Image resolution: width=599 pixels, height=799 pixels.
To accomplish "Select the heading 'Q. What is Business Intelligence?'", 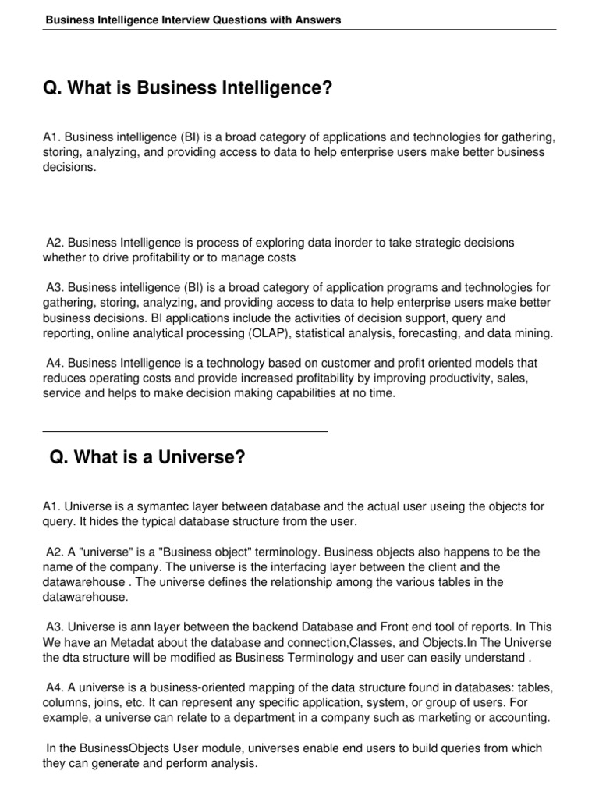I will click(x=188, y=90).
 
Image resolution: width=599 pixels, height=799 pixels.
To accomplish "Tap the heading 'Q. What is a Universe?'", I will click(x=147, y=457).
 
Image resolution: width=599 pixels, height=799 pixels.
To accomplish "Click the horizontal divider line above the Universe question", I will click(x=185, y=431).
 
